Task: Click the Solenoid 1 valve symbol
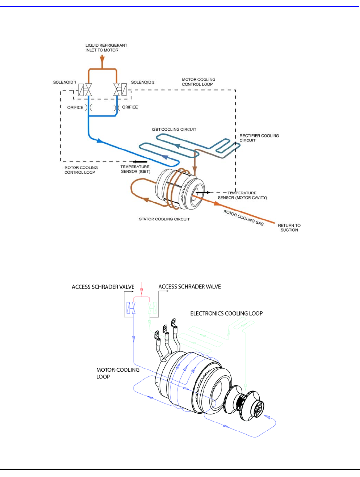(x=85, y=89)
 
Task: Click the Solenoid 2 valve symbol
(x=120, y=89)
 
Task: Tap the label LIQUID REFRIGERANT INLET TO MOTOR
(x=106, y=48)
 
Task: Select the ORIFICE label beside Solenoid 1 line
(x=75, y=107)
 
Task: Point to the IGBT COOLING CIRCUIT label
(x=174, y=129)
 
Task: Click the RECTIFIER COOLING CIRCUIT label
(x=259, y=138)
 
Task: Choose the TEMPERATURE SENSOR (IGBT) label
(x=135, y=169)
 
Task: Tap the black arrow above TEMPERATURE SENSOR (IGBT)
(x=140, y=162)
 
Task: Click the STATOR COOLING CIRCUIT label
(x=164, y=219)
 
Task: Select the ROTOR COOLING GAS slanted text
(x=243, y=218)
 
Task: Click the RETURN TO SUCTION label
(x=289, y=228)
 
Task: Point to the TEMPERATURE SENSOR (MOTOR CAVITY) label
(x=242, y=195)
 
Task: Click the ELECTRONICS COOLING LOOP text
(x=226, y=313)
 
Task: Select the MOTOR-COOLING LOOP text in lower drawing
(x=117, y=373)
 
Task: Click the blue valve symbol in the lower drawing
(x=131, y=308)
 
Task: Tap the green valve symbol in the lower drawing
(x=152, y=308)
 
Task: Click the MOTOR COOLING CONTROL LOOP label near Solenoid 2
(x=198, y=82)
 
